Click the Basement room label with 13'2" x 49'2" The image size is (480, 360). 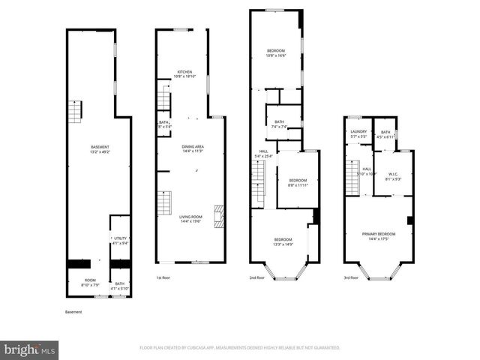(100, 149)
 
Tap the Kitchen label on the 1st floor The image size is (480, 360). (184, 74)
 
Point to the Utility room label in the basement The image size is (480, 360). (119, 240)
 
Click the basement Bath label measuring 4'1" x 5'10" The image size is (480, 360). (119, 286)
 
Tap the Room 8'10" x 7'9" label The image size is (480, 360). (89, 283)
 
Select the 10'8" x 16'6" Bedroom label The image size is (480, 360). (276, 53)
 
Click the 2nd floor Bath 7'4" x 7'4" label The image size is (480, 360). (279, 124)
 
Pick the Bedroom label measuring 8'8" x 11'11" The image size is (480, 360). (298, 182)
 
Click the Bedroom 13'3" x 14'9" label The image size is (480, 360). (282, 241)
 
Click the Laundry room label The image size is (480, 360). (358, 134)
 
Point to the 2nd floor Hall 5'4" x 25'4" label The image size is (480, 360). (263, 154)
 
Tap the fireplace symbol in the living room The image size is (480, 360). (218, 216)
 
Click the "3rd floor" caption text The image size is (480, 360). (351, 277)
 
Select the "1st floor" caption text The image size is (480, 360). (163, 277)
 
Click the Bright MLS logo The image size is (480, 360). (30, 349)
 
